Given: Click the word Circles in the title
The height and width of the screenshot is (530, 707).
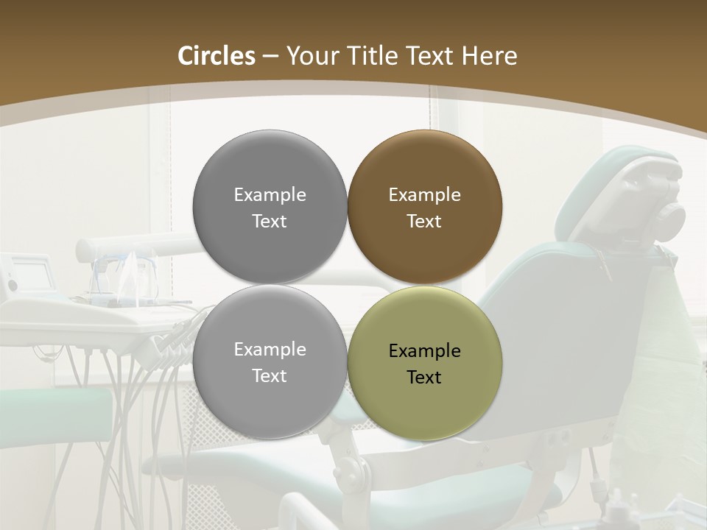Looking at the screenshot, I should [x=216, y=56].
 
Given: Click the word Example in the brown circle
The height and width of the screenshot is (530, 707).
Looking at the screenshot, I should [x=424, y=195].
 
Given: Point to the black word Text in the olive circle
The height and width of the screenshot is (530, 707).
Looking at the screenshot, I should [x=424, y=378].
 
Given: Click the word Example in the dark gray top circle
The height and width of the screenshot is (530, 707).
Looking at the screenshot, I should [x=270, y=195].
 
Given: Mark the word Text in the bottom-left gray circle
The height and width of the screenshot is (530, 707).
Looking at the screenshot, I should [x=270, y=376].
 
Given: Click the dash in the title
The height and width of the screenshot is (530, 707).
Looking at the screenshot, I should [x=270, y=57].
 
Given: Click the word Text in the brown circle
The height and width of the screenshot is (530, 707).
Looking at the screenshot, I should [x=424, y=222].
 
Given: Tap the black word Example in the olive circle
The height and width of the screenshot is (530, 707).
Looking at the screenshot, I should [x=424, y=351].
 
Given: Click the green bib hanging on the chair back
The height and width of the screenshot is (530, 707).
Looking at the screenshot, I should [x=655, y=346].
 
